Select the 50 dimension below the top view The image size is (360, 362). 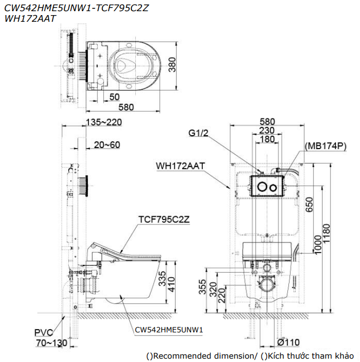(x=114, y=96)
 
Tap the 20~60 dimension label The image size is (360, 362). (x=107, y=145)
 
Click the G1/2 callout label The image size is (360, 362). (x=198, y=134)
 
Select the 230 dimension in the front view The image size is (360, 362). (x=267, y=130)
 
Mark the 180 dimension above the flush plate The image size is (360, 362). (x=267, y=139)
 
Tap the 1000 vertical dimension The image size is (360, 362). (x=319, y=245)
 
